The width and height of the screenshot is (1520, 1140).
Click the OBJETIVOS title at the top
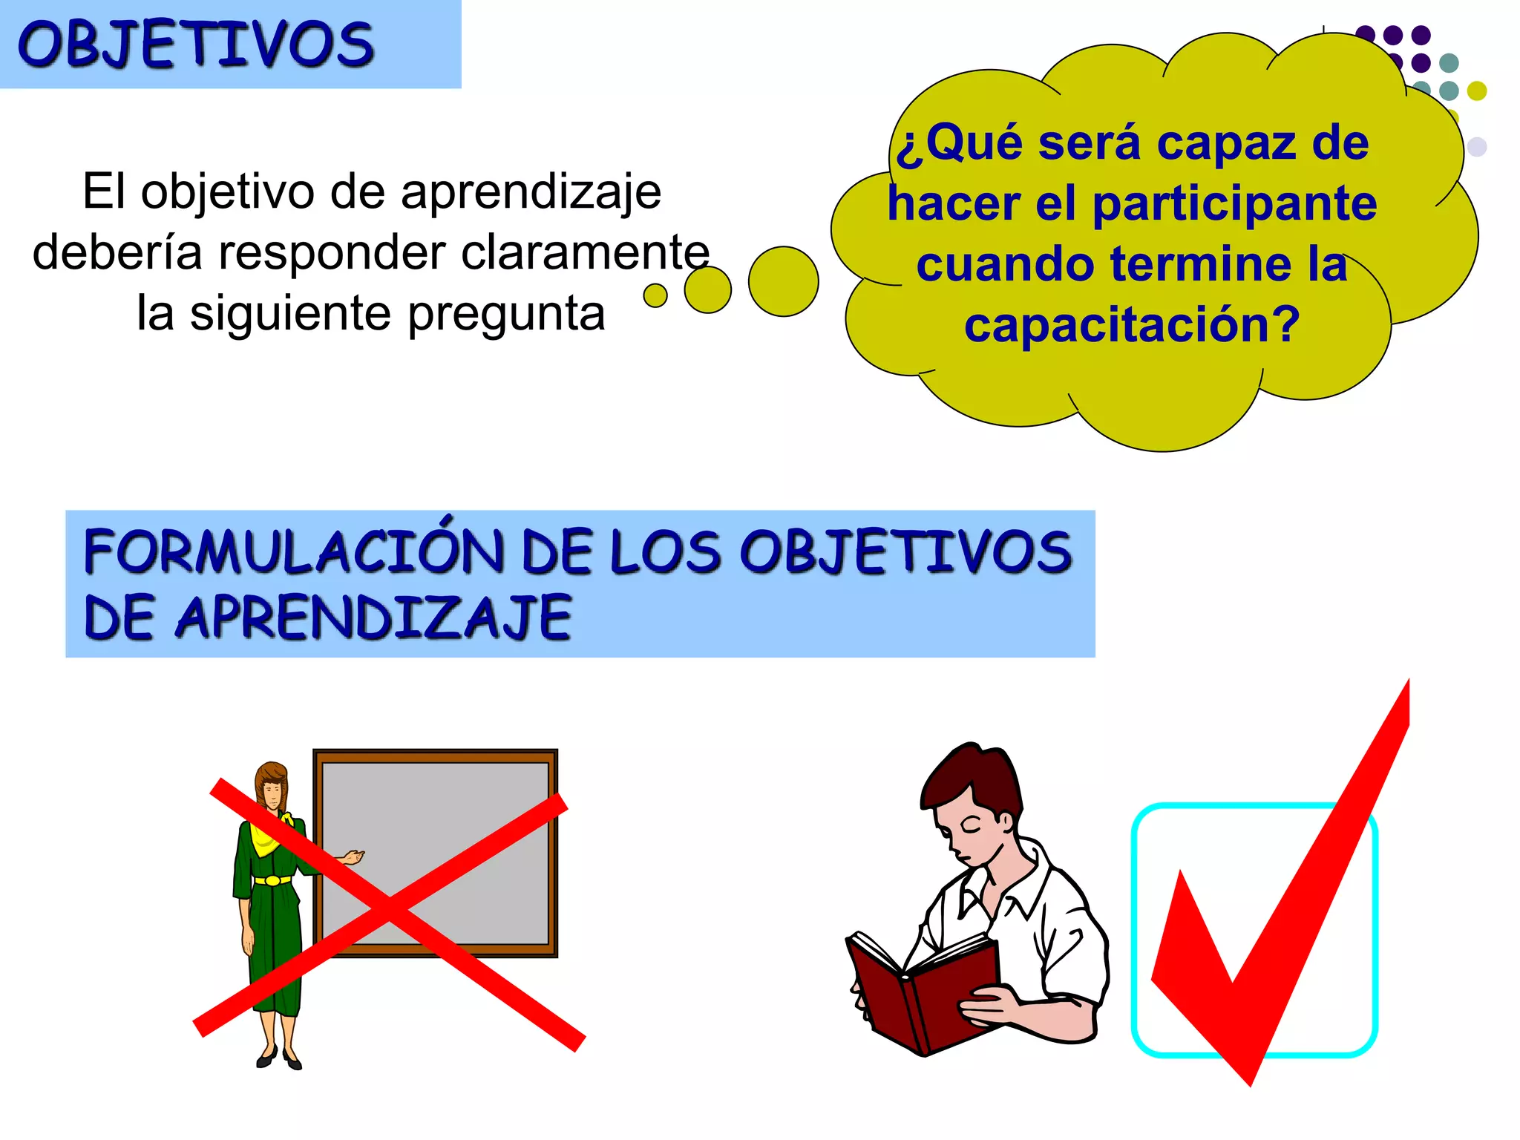coord(195,45)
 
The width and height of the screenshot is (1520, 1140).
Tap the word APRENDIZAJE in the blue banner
coord(373,617)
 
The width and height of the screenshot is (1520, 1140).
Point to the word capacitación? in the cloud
coord(1131,325)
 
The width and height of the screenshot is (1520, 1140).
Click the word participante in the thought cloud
coord(1234,203)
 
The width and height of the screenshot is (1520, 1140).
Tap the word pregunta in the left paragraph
coord(506,313)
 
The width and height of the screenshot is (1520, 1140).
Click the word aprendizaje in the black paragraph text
coord(531,191)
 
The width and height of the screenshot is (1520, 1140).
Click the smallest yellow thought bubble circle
coord(655,295)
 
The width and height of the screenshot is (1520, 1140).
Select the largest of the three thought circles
coord(783,281)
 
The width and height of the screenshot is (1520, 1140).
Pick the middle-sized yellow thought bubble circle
coord(707,289)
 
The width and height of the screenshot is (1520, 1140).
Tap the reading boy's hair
coord(969,779)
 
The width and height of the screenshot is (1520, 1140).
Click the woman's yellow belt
coord(273,880)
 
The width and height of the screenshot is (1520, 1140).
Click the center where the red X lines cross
coord(389,910)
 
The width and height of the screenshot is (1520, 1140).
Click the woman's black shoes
coord(279,1058)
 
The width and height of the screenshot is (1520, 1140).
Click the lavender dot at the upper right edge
coord(1477,146)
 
